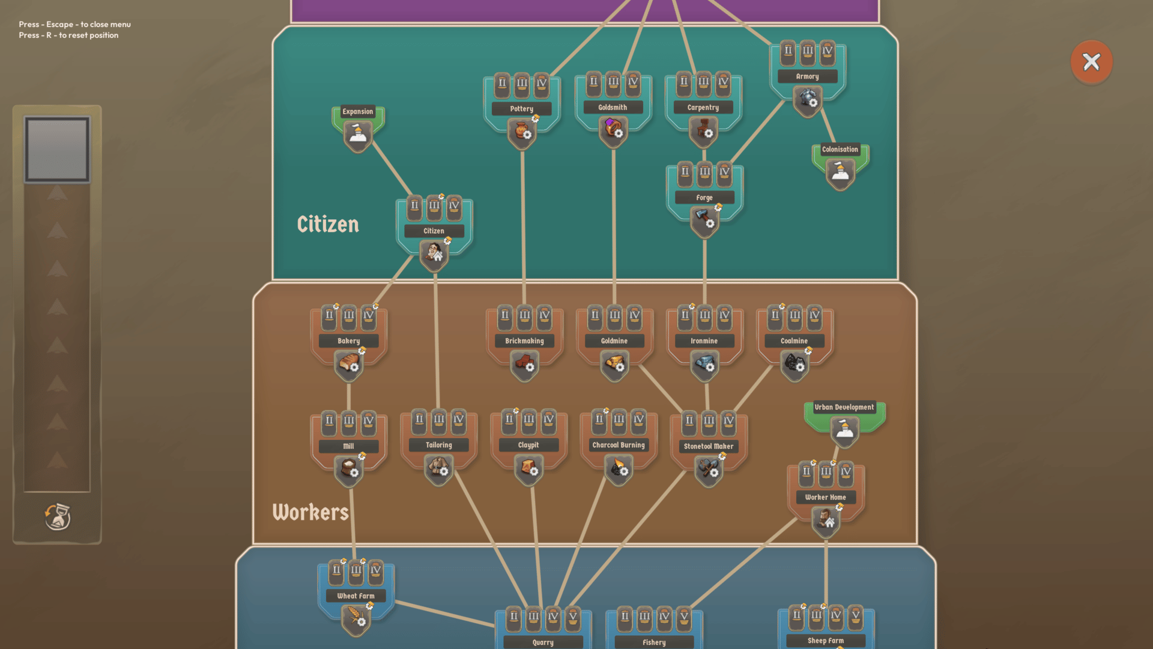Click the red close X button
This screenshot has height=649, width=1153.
point(1091,62)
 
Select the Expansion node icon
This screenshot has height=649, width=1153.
point(357,135)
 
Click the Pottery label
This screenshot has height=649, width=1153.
point(521,109)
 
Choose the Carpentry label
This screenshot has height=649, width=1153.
point(703,108)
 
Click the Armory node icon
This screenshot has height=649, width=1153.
point(807,99)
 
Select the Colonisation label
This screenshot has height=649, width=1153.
point(840,150)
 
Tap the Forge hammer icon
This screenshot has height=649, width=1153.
point(704,220)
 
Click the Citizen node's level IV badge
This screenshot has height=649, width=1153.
point(454,206)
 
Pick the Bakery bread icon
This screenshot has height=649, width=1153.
point(349,364)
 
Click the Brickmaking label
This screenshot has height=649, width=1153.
point(524,341)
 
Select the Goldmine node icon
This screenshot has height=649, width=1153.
point(614,364)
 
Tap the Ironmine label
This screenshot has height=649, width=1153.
point(704,341)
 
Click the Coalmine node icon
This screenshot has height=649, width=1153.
point(794,364)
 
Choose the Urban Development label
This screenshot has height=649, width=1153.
point(844,407)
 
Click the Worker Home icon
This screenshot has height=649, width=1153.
point(825,519)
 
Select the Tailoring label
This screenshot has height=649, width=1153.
point(438,445)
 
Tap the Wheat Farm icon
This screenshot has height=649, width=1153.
point(356,618)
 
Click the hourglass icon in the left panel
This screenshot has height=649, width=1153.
point(58,516)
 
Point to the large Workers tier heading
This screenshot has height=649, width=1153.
point(310,512)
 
